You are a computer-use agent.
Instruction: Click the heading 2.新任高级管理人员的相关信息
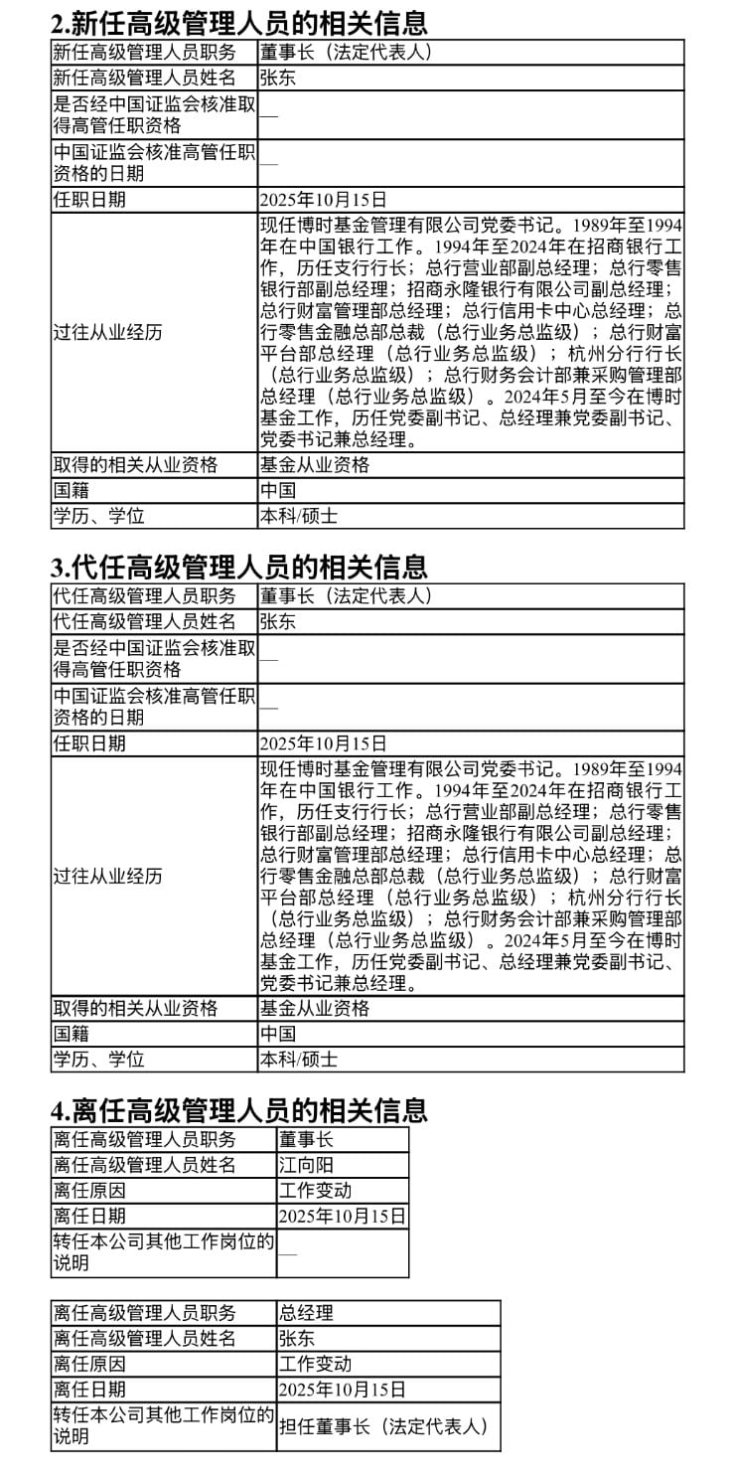239,23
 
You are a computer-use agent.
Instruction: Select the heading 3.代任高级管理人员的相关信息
239,567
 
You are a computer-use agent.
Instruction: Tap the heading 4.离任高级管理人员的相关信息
239,1109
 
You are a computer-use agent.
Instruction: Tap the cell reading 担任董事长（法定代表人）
383,1426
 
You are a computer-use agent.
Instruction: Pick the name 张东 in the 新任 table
277,78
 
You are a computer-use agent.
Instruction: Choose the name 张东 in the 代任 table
277,621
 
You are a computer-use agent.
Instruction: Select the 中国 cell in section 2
277,490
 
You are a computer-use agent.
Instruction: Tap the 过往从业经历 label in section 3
107,877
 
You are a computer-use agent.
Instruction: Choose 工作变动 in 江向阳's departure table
315,1190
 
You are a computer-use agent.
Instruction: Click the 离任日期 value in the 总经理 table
343,1389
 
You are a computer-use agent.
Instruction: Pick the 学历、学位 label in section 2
98,516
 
